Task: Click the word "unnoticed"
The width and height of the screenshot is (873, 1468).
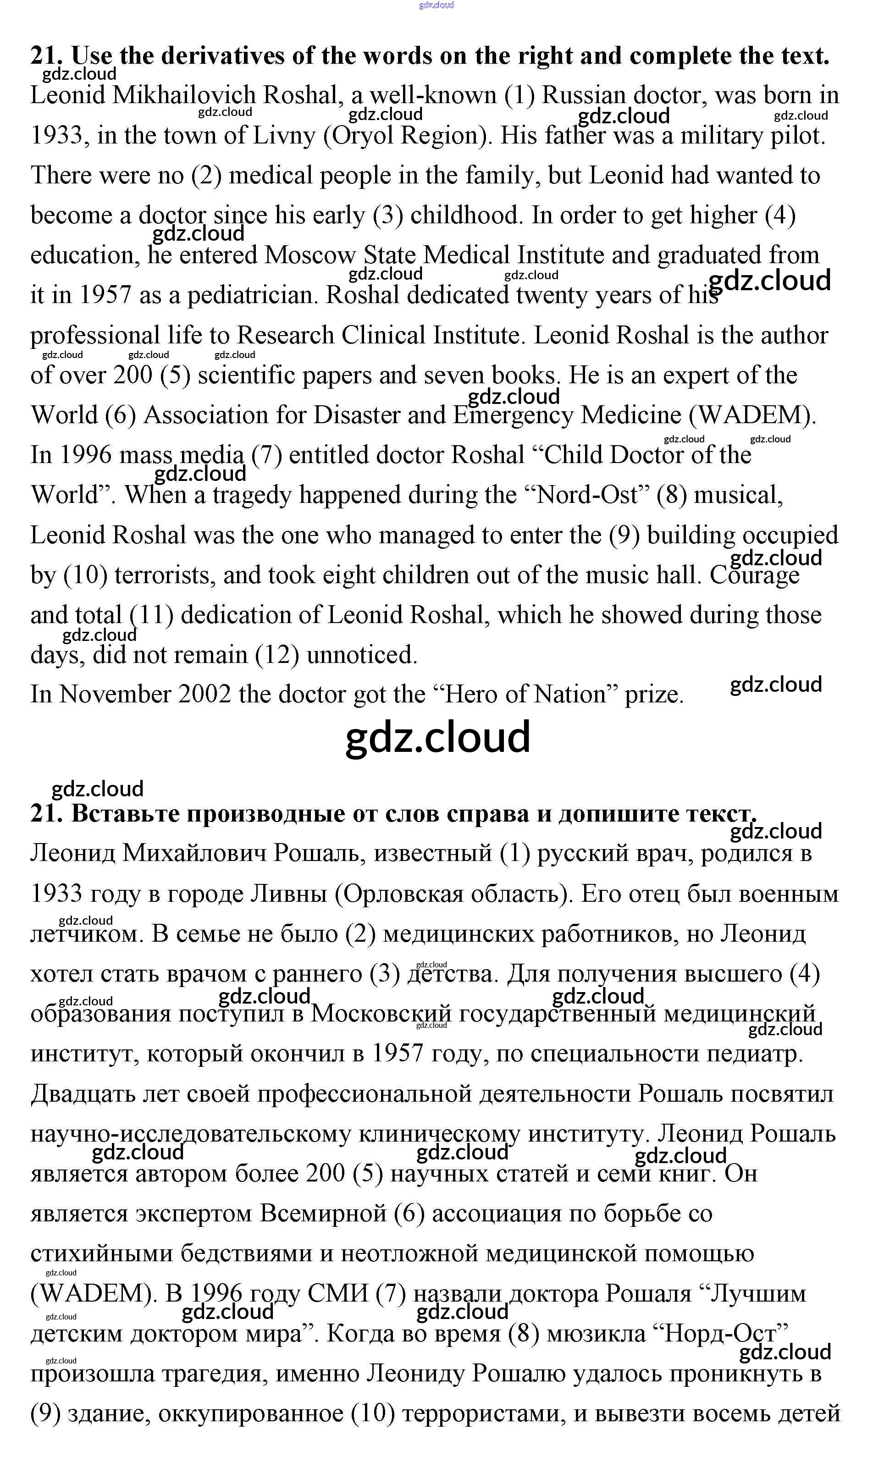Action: pyautogui.click(x=362, y=655)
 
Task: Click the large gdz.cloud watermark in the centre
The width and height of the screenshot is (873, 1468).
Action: pyautogui.click(x=438, y=738)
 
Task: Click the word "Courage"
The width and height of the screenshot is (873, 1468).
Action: pyautogui.click(x=755, y=575)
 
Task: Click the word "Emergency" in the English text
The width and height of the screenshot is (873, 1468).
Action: pyautogui.click(x=513, y=415)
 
